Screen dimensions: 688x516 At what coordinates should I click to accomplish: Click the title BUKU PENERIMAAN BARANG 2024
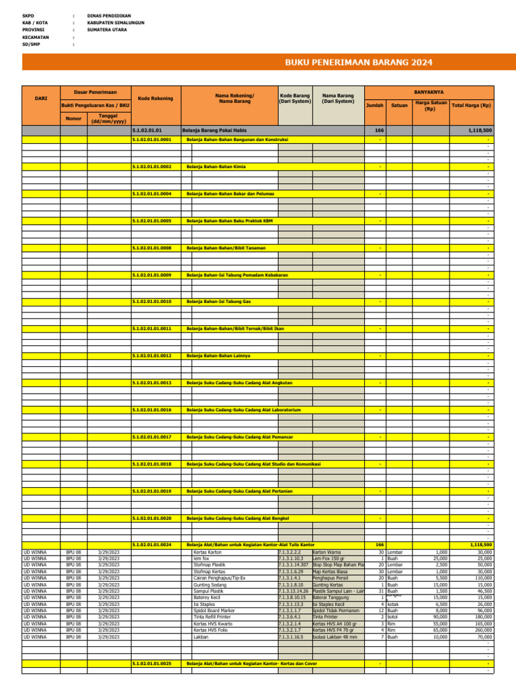358,62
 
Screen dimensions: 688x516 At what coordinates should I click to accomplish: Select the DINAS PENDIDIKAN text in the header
109,15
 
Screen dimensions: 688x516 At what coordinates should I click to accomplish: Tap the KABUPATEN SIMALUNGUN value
116,22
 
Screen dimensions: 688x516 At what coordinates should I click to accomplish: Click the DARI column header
41,99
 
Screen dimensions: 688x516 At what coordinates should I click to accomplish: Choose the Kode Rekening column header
155,99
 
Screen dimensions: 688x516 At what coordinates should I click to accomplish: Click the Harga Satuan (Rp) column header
430,105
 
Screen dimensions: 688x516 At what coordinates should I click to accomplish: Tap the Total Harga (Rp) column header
471,105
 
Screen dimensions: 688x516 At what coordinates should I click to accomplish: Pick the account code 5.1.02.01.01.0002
152,167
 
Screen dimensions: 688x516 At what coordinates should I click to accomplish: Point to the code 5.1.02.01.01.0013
152,383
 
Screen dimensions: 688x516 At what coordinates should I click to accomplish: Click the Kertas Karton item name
207,552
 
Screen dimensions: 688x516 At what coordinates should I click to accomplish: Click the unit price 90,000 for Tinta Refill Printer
440,617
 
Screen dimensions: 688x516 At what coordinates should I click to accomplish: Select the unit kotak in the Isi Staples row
394,603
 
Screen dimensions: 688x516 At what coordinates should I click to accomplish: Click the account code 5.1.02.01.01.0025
152,664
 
